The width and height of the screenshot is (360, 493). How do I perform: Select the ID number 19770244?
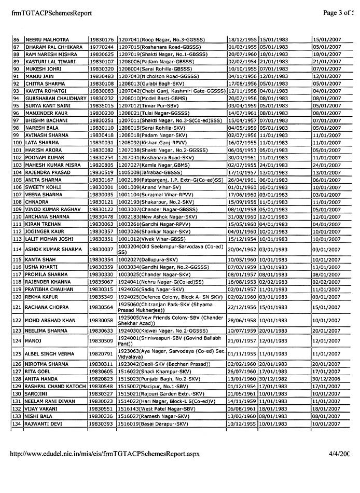click(x=101, y=47)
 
